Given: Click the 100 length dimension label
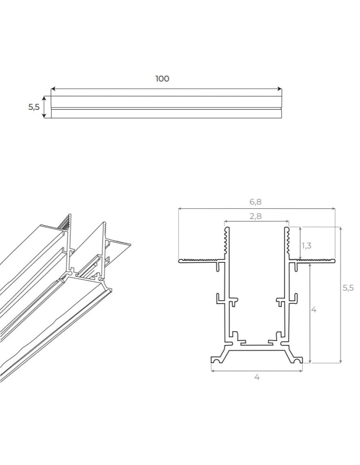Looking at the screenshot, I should pos(162,79).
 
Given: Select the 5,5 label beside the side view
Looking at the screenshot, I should pos(33,107).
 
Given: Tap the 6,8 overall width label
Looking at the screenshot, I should pos(255,202).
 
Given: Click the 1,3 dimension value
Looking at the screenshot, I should pos(307,246).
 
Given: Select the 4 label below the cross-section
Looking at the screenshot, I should pos(257,377).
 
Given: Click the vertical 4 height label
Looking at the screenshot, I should pos(314,309).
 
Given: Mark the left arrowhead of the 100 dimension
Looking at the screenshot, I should pos(53,88).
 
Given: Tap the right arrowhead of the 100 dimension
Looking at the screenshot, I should pos(280,88).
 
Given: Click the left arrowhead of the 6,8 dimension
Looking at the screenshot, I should pos(180,209).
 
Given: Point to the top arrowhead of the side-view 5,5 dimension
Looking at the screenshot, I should pos(45,98).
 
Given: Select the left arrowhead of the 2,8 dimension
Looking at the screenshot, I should pos(226,221).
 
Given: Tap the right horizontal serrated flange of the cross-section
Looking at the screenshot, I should pos(313,260).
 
